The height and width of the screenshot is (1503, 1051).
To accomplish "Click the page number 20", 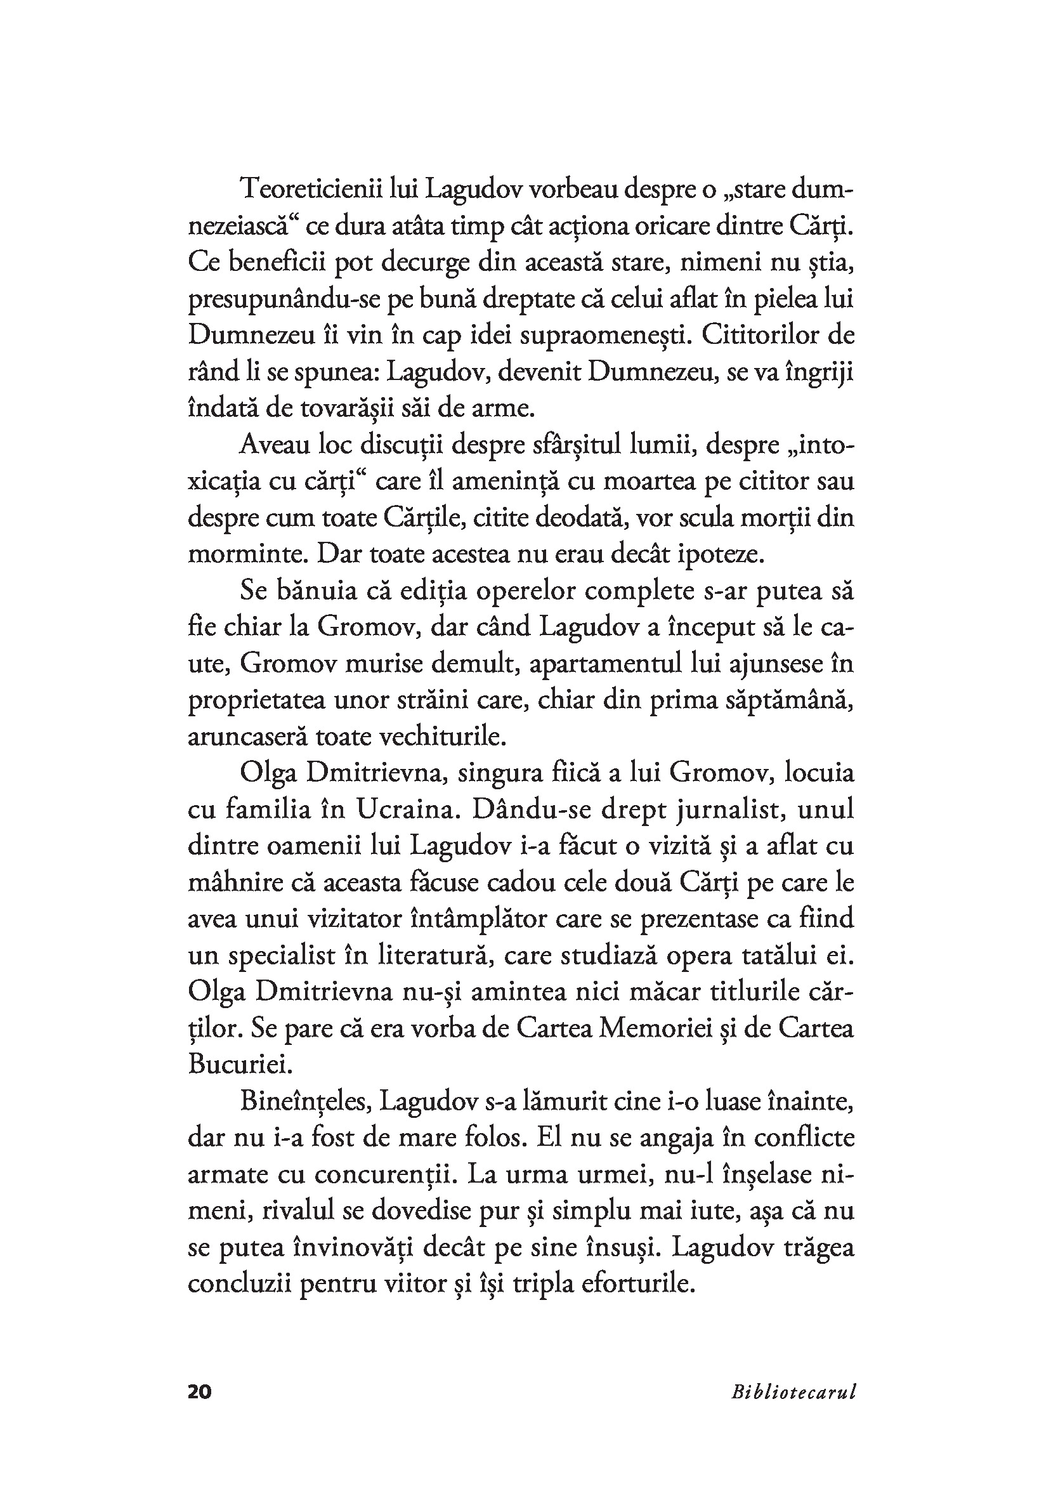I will click(200, 1409).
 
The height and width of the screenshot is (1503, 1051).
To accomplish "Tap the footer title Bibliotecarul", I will click(793, 1409).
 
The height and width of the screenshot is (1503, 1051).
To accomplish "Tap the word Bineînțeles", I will click(306, 1102).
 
